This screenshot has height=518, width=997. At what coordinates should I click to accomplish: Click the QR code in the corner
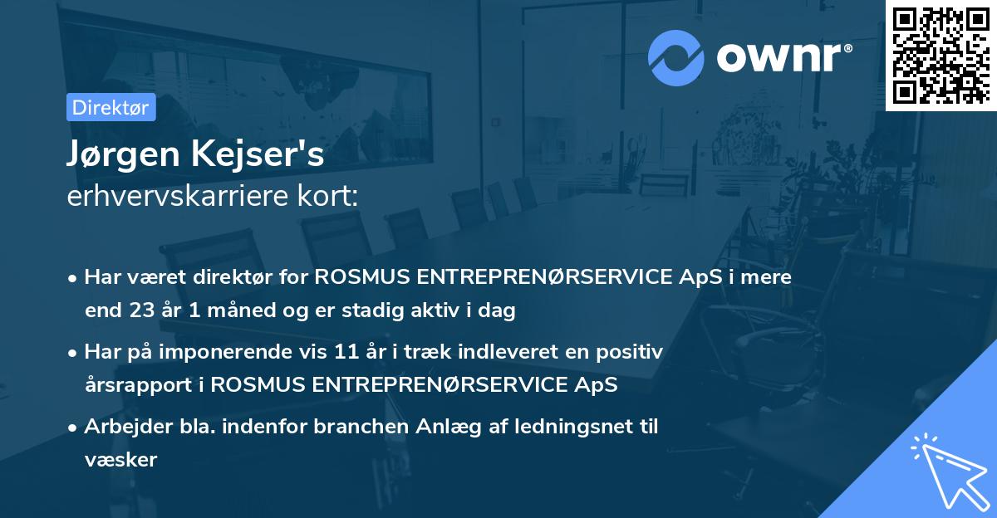click(940, 54)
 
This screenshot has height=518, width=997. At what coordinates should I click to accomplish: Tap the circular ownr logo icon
click(676, 57)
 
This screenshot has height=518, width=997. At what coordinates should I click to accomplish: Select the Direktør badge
click(111, 107)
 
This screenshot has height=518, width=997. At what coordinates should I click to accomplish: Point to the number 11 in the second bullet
click(347, 352)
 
